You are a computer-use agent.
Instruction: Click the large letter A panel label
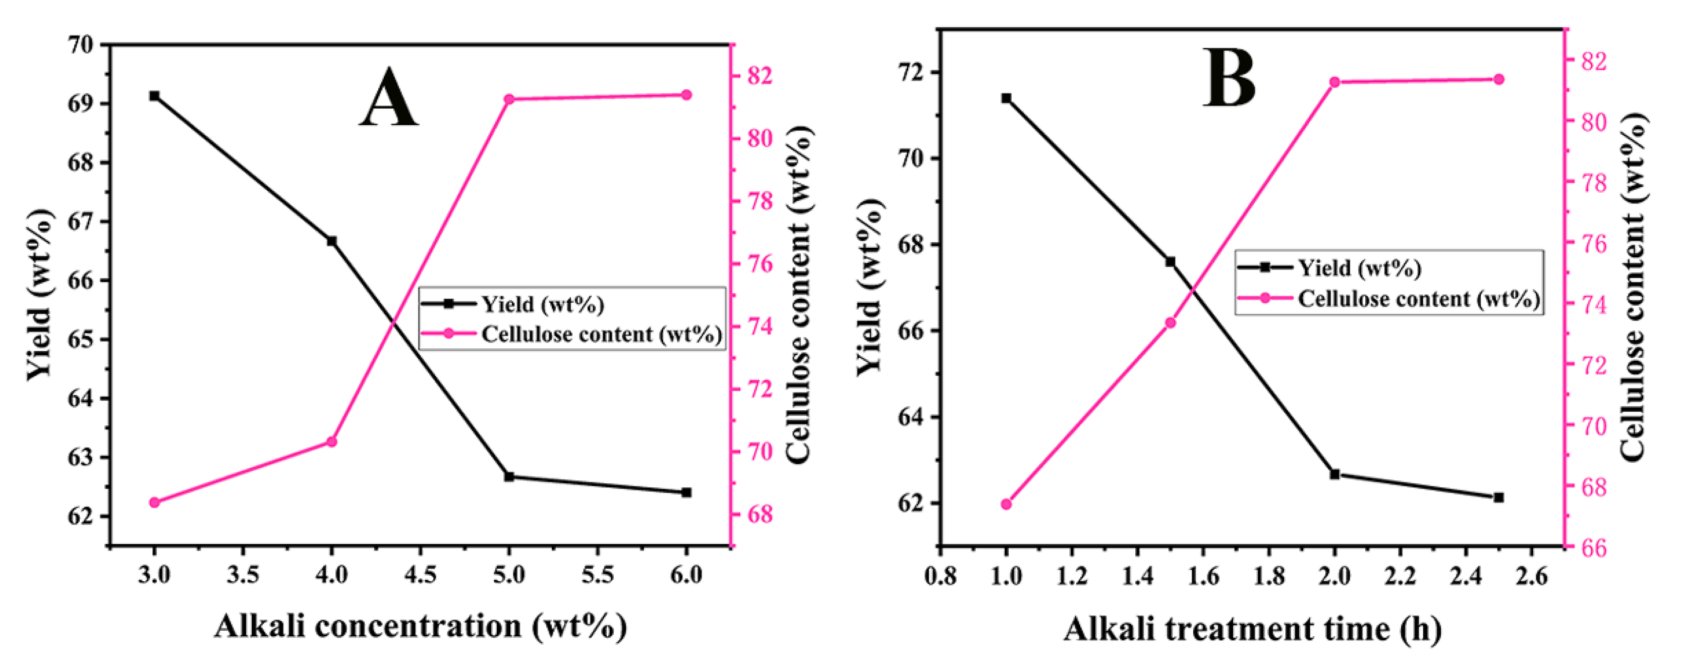tap(388, 99)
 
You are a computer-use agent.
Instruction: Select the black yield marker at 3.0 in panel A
tap(154, 96)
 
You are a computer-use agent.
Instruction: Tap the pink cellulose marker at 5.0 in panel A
tap(509, 99)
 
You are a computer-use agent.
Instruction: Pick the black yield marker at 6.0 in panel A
tap(686, 492)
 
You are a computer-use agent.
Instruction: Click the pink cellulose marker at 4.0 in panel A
tap(331, 442)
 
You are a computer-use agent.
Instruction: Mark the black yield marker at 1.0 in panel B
tap(1006, 98)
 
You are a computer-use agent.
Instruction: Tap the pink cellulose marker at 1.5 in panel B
tap(1170, 323)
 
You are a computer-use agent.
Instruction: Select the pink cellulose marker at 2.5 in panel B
tap(1499, 80)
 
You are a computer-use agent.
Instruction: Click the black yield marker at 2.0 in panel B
tap(1335, 474)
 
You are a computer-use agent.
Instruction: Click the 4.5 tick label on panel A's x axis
tap(420, 575)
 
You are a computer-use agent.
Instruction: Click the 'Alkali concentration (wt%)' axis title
tap(420, 626)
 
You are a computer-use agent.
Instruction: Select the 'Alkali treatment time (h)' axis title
tap(1252, 629)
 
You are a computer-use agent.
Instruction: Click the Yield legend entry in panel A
tap(542, 304)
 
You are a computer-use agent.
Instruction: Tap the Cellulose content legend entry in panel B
tap(1419, 299)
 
